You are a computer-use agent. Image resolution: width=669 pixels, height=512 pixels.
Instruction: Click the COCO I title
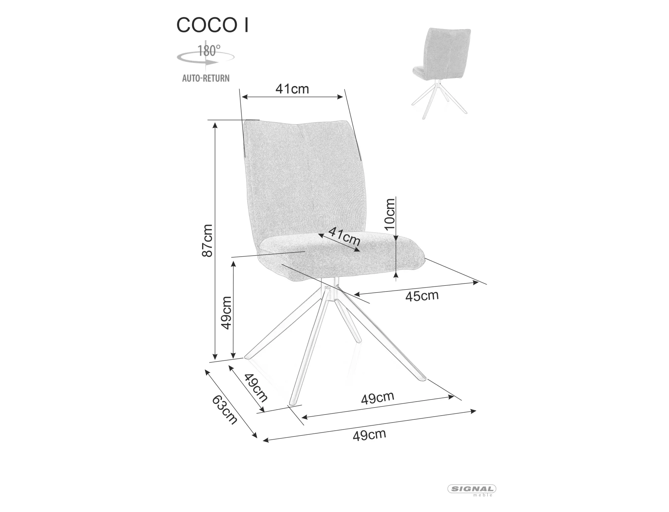pyautogui.click(x=212, y=25)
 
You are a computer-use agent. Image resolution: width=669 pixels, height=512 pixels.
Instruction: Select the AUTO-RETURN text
pyautogui.click(x=206, y=78)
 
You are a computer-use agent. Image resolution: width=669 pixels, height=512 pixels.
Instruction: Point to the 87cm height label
pyautogui.click(x=207, y=241)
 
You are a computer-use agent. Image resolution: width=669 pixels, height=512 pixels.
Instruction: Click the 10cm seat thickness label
pyautogui.click(x=390, y=214)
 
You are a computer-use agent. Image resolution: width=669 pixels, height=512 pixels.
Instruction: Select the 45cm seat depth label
pyautogui.click(x=422, y=296)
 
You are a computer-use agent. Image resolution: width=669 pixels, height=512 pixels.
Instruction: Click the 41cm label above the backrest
pyautogui.click(x=292, y=89)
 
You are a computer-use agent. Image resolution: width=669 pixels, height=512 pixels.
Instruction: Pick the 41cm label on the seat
pyautogui.click(x=345, y=236)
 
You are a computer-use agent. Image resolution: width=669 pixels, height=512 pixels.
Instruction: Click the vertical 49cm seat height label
pyautogui.click(x=226, y=313)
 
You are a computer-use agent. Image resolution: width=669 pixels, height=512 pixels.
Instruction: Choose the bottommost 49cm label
pyautogui.click(x=369, y=435)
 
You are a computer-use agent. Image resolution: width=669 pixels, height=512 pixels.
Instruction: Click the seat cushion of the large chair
pyautogui.click(x=341, y=258)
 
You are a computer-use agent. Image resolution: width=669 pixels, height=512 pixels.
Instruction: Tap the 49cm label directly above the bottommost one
pyautogui.click(x=378, y=398)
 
